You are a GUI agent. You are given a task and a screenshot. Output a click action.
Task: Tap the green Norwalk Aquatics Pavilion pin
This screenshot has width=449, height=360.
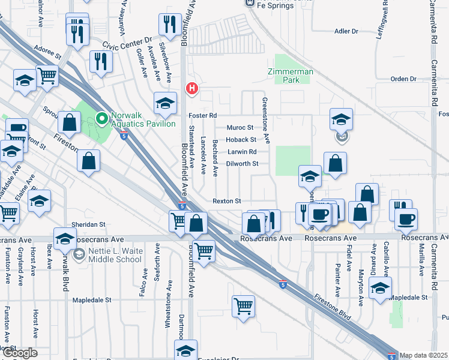102,118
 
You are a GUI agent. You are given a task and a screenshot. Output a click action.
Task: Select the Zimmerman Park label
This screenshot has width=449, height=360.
291,75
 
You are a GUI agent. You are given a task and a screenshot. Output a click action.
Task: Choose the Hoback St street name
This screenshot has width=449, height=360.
241,139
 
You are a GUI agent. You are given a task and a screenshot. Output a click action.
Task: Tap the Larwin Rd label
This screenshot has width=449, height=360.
241,151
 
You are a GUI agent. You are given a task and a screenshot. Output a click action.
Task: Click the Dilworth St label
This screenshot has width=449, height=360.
243,163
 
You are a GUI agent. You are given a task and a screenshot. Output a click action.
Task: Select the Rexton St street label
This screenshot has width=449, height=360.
226,200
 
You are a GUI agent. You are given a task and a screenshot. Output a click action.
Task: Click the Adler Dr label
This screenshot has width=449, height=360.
346,31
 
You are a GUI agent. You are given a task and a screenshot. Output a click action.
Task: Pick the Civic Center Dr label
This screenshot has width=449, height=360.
127,43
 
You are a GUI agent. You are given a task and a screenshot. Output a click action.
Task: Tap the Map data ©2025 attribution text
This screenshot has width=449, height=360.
424,355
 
